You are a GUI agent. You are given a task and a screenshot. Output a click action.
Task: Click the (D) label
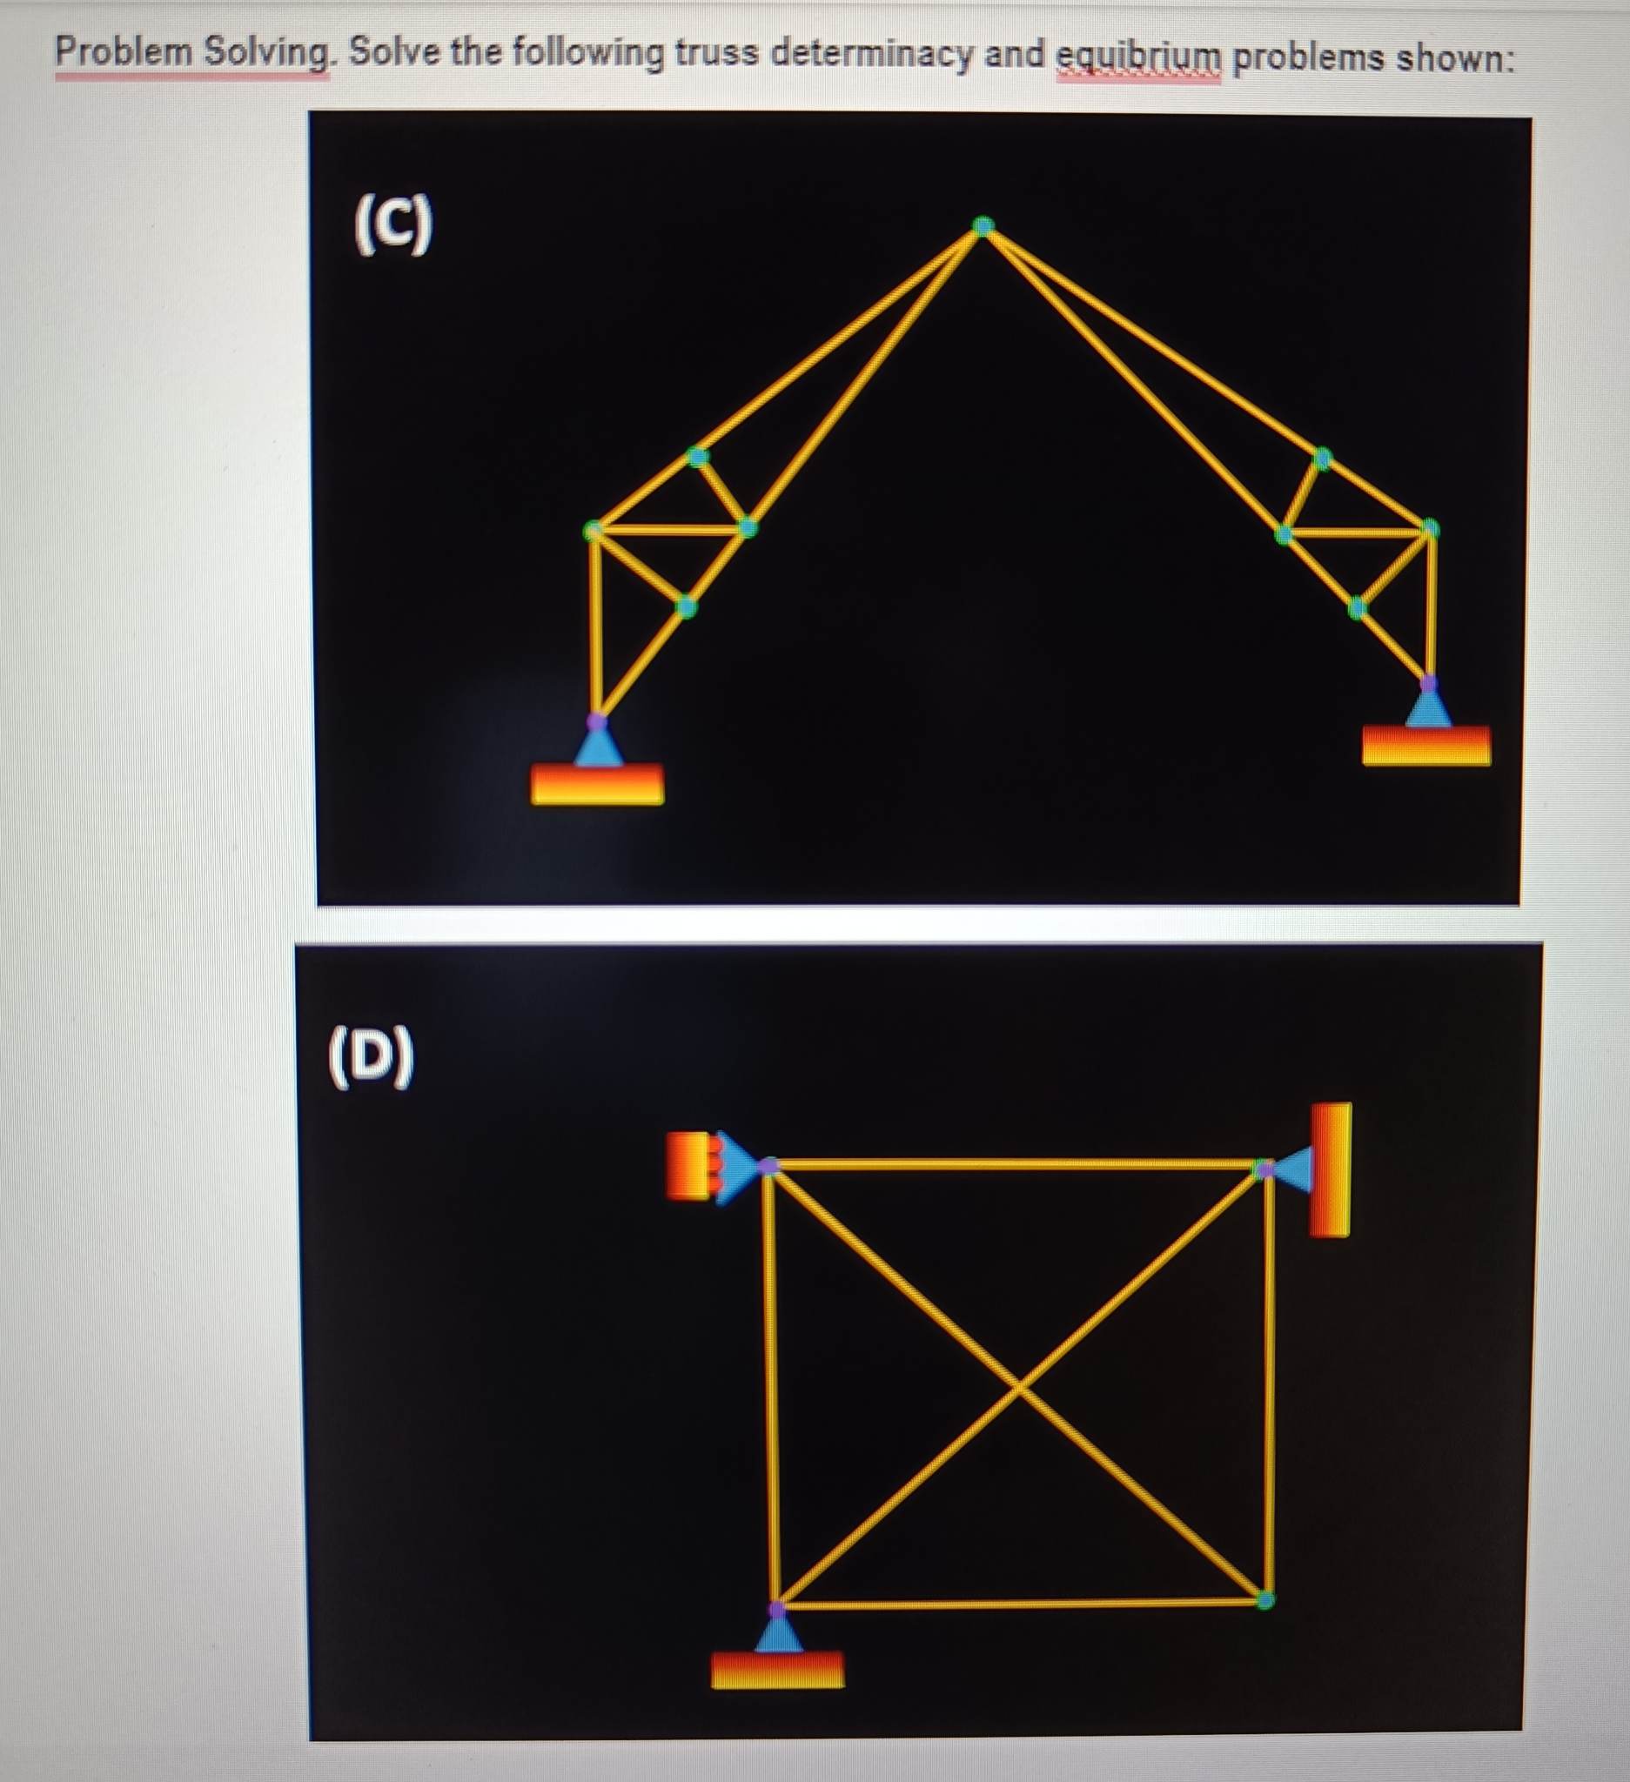[x=371, y=1056]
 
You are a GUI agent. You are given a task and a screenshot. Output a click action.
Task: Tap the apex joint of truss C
[x=983, y=227]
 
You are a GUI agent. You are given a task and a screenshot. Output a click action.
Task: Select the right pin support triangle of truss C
[x=1427, y=708]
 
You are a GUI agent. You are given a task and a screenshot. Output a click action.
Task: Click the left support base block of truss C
[x=598, y=784]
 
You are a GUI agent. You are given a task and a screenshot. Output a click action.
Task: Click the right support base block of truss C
[x=1425, y=745]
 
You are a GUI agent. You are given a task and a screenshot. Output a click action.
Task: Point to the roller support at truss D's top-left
[x=735, y=1167]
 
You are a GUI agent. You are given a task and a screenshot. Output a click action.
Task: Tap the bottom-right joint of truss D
[x=1265, y=1600]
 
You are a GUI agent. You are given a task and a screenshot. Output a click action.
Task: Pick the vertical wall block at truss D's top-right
[x=1331, y=1169]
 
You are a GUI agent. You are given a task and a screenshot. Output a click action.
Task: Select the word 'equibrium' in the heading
[x=1138, y=57]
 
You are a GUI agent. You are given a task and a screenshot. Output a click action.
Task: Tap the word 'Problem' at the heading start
[x=124, y=52]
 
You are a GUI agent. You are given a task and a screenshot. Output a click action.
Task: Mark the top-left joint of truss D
[x=770, y=1167]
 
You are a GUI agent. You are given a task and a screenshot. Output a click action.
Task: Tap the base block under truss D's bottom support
[x=778, y=1670]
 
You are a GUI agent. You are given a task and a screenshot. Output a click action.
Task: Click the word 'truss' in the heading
[x=715, y=54]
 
